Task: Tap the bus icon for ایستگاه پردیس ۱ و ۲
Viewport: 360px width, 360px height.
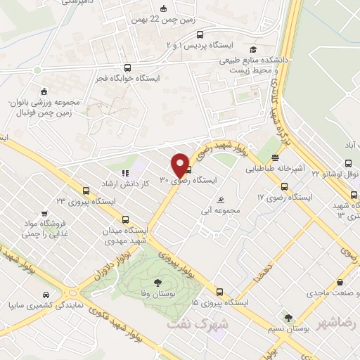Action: click(200, 34)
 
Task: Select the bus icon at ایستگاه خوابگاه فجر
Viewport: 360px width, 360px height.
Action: click(127, 67)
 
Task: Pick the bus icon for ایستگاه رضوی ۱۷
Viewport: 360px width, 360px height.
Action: click(284, 186)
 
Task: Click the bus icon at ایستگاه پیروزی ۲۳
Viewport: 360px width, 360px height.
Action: click(86, 190)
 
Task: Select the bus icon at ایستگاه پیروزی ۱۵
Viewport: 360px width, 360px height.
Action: click(219, 292)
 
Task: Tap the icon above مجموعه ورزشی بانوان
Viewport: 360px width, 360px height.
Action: click(44, 91)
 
